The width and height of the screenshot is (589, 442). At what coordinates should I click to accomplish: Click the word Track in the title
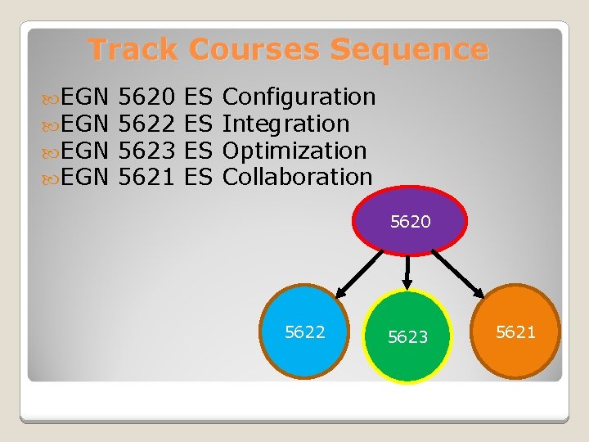pos(133,49)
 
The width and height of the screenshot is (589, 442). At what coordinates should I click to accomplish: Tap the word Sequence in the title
pos(409,49)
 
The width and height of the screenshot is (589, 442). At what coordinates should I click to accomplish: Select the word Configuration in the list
pos(299,97)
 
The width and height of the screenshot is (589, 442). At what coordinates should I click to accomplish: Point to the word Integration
pos(286,124)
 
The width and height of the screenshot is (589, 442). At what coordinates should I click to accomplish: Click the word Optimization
pos(294,151)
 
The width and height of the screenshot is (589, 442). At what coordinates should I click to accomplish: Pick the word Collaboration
pos(297,177)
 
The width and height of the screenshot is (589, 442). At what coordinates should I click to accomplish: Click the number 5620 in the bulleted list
pos(146,97)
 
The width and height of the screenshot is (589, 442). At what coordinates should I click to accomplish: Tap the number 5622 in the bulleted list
pos(146,124)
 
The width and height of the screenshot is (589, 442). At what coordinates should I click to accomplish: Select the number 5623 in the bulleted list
pos(146,151)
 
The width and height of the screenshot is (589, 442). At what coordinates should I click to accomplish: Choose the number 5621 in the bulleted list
pos(146,177)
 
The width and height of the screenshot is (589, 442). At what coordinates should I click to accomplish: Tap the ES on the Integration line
pos(199,124)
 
